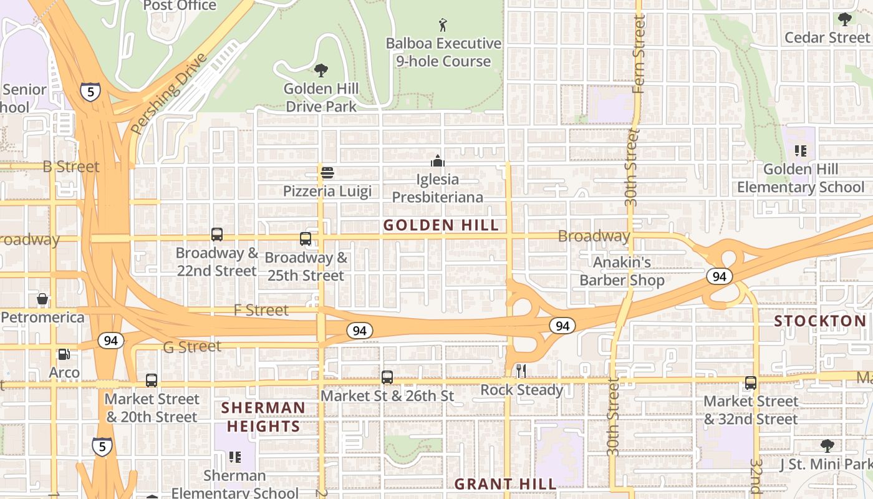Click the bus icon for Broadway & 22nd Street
(x=217, y=235)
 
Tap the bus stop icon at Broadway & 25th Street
(x=306, y=239)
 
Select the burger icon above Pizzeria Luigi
(x=327, y=173)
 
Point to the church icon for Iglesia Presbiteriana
(x=438, y=161)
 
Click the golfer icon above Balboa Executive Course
(x=443, y=25)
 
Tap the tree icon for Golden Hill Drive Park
(x=321, y=70)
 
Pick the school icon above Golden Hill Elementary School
(x=801, y=150)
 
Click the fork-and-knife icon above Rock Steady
(x=521, y=371)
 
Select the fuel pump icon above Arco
(x=64, y=354)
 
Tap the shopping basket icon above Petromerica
(x=42, y=299)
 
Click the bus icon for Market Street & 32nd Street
(x=751, y=383)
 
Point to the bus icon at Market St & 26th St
(x=387, y=377)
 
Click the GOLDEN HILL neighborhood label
(x=441, y=225)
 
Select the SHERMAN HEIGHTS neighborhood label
(x=264, y=417)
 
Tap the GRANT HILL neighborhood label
(x=505, y=484)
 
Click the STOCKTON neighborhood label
(x=820, y=321)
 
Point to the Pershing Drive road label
(x=168, y=94)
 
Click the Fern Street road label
(x=638, y=55)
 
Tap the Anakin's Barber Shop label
(x=622, y=271)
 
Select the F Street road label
(x=261, y=310)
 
